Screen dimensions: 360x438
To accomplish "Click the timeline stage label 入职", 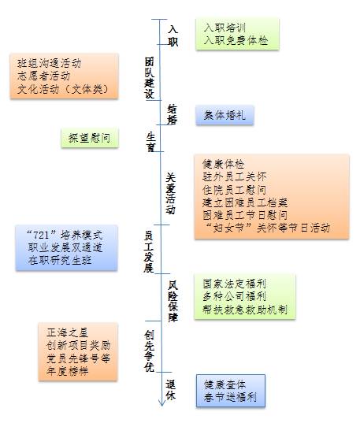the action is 173,35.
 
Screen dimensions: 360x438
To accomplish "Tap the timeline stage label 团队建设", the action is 150,78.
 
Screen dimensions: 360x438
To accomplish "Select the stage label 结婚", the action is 173,114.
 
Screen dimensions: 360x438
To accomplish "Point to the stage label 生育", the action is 151,142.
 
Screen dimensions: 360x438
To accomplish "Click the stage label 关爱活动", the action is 170,193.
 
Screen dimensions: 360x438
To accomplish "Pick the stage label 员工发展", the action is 149,251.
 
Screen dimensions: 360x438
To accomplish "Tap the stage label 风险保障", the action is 173,302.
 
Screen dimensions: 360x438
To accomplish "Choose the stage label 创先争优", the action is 150,351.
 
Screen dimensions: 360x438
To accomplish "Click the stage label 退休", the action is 171,390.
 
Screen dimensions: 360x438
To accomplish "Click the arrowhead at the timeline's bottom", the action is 162,403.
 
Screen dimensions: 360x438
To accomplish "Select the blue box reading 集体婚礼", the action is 225,115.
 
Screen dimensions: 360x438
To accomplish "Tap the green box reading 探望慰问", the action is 90,138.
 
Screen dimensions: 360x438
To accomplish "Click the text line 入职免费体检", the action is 236,40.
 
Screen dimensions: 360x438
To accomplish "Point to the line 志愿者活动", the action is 43,76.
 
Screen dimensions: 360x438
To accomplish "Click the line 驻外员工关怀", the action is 235,176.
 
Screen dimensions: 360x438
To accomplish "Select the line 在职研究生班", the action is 60,260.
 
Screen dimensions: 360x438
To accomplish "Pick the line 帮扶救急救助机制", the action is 245,310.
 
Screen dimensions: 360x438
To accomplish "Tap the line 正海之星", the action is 67,332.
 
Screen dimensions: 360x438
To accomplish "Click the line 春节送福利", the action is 230,397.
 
